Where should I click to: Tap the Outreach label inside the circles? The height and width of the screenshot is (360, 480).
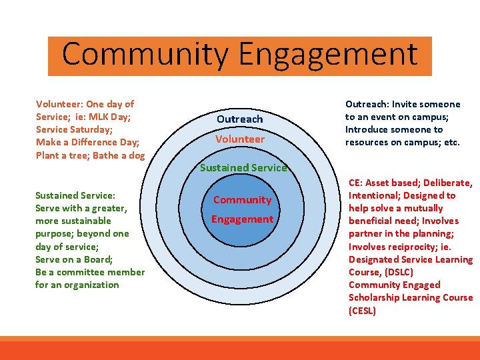(240, 119)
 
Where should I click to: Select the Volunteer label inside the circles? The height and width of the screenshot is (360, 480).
(240, 139)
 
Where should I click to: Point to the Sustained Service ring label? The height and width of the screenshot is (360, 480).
(243, 168)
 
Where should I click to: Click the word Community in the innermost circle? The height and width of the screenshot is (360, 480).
(243, 200)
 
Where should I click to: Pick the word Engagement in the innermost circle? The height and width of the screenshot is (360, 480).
(243, 219)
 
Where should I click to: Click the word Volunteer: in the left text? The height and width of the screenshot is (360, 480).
(59, 105)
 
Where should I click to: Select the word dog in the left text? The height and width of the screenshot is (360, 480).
(136, 155)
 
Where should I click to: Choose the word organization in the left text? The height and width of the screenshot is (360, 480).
(92, 285)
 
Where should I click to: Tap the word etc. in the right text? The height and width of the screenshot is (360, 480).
(451, 143)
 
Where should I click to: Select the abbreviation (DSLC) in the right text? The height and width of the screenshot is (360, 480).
(399, 272)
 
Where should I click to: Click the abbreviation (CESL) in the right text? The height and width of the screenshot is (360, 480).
(363, 311)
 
